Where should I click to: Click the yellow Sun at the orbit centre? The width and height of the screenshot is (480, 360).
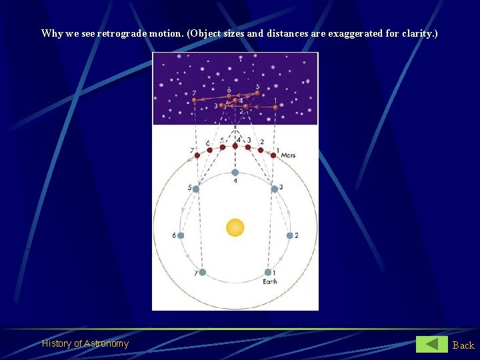click(235, 227)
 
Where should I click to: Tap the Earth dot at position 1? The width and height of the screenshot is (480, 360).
click(268, 272)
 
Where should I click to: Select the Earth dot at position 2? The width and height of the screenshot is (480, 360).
click(289, 235)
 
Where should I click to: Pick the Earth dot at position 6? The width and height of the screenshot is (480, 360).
click(181, 235)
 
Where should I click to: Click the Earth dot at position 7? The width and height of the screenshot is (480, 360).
click(202, 272)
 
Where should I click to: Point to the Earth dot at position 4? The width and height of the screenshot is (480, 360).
click(235, 172)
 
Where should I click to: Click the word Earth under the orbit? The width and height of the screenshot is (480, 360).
click(269, 282)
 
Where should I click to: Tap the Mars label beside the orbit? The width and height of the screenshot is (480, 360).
click(288, 155)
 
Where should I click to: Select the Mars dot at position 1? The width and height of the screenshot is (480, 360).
click(273, 155)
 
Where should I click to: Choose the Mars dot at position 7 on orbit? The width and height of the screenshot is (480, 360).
click(197, 155)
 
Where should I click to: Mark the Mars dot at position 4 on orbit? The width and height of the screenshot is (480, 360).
click(235, 145)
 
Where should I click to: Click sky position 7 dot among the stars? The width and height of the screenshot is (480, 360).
click(194, 101)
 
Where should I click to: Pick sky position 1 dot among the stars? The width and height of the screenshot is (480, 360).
click(275, 107)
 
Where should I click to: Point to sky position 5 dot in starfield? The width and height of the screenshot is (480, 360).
click(257, 93)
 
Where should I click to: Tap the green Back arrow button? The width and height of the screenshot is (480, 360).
click(432, 344)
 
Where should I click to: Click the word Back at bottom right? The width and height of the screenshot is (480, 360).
click(463, 345)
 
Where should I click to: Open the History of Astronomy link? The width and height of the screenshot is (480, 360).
click(85, 343)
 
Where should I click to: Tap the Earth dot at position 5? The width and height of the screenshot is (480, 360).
click(195, 189)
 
